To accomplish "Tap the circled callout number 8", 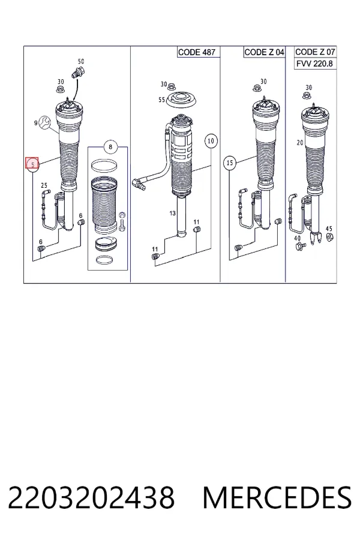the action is pos(110,147).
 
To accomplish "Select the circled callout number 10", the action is pos(211,140).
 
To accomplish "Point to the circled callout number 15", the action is pos(230,163).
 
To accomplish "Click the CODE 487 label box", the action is pos(197,52).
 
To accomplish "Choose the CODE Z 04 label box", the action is pos(264,52).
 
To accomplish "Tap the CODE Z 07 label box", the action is pos(315,52).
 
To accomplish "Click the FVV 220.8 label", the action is pos(315,64).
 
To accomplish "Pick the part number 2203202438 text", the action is pos(91,497).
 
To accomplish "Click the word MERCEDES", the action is pos(277,497).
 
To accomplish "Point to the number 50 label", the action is pos(81,61).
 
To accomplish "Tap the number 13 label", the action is pos(173,214).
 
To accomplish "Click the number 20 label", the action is pos(300,143).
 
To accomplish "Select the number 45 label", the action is pos(329,229).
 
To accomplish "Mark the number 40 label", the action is pos(298,238).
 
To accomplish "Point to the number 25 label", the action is pos(44,185).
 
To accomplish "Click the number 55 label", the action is pos(161,100).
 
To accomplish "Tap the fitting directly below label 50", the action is pos(79,73).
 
